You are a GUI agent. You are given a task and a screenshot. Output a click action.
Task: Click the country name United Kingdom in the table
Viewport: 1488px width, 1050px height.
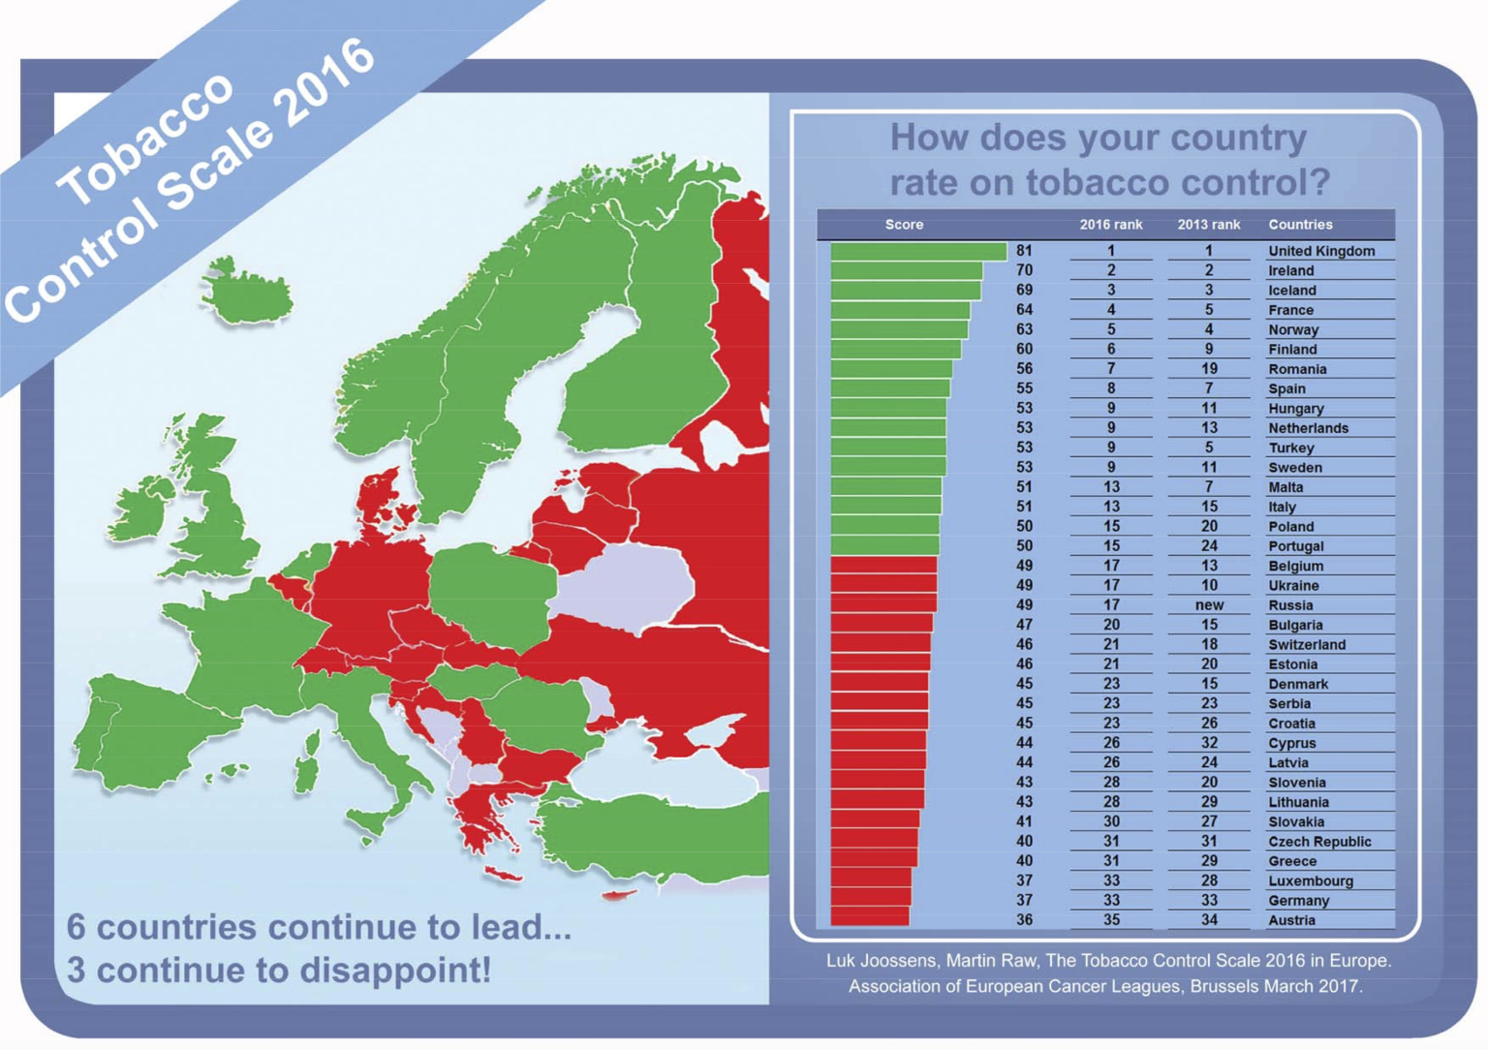[1320, 251]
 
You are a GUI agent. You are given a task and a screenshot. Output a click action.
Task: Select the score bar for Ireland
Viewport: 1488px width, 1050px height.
[906, 270]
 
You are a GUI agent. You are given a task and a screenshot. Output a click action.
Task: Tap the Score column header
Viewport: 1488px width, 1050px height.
[904, 225]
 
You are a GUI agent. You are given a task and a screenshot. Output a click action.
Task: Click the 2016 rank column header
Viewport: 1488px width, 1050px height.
[1110, 225]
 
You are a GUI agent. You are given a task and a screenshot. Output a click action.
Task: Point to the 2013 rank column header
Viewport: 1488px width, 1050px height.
[1208, 225]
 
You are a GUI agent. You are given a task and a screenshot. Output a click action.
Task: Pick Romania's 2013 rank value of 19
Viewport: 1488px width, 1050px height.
[1208, 369]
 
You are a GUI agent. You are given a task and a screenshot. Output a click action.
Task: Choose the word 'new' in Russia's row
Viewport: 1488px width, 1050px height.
[1209, 605]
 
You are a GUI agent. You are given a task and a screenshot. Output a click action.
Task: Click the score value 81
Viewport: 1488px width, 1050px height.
[1024, 251]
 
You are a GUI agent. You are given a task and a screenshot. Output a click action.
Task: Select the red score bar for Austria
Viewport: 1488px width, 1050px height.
[869, 918]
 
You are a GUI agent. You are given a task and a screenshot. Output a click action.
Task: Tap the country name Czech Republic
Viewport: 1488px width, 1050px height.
[1319, 842]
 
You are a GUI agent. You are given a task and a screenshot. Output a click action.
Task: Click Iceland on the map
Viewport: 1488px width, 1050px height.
[249, 293]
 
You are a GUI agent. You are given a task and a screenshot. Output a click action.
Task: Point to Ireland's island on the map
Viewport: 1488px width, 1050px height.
[145, 506]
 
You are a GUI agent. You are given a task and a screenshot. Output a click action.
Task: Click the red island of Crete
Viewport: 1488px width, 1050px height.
[503, 876]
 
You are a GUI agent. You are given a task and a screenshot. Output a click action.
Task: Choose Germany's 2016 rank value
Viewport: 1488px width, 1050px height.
[1110, 901]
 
